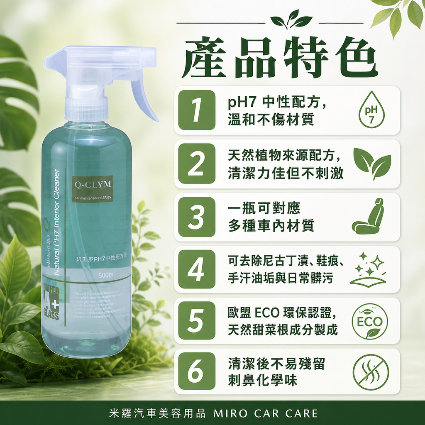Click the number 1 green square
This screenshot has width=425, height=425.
[x=197, y=110]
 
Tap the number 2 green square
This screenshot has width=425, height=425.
[x=197, y=164]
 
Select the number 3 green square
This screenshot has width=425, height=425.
[x=197, y=217]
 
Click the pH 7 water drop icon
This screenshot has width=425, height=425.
[x=371, y=110]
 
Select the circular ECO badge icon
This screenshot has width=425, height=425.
[x=370, y=321]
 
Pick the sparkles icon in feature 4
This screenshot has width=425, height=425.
[x=368, y=269]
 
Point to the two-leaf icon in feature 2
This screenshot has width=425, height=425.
[x=372, y=163]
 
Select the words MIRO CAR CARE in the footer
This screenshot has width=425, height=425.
[x=266, y=413]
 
